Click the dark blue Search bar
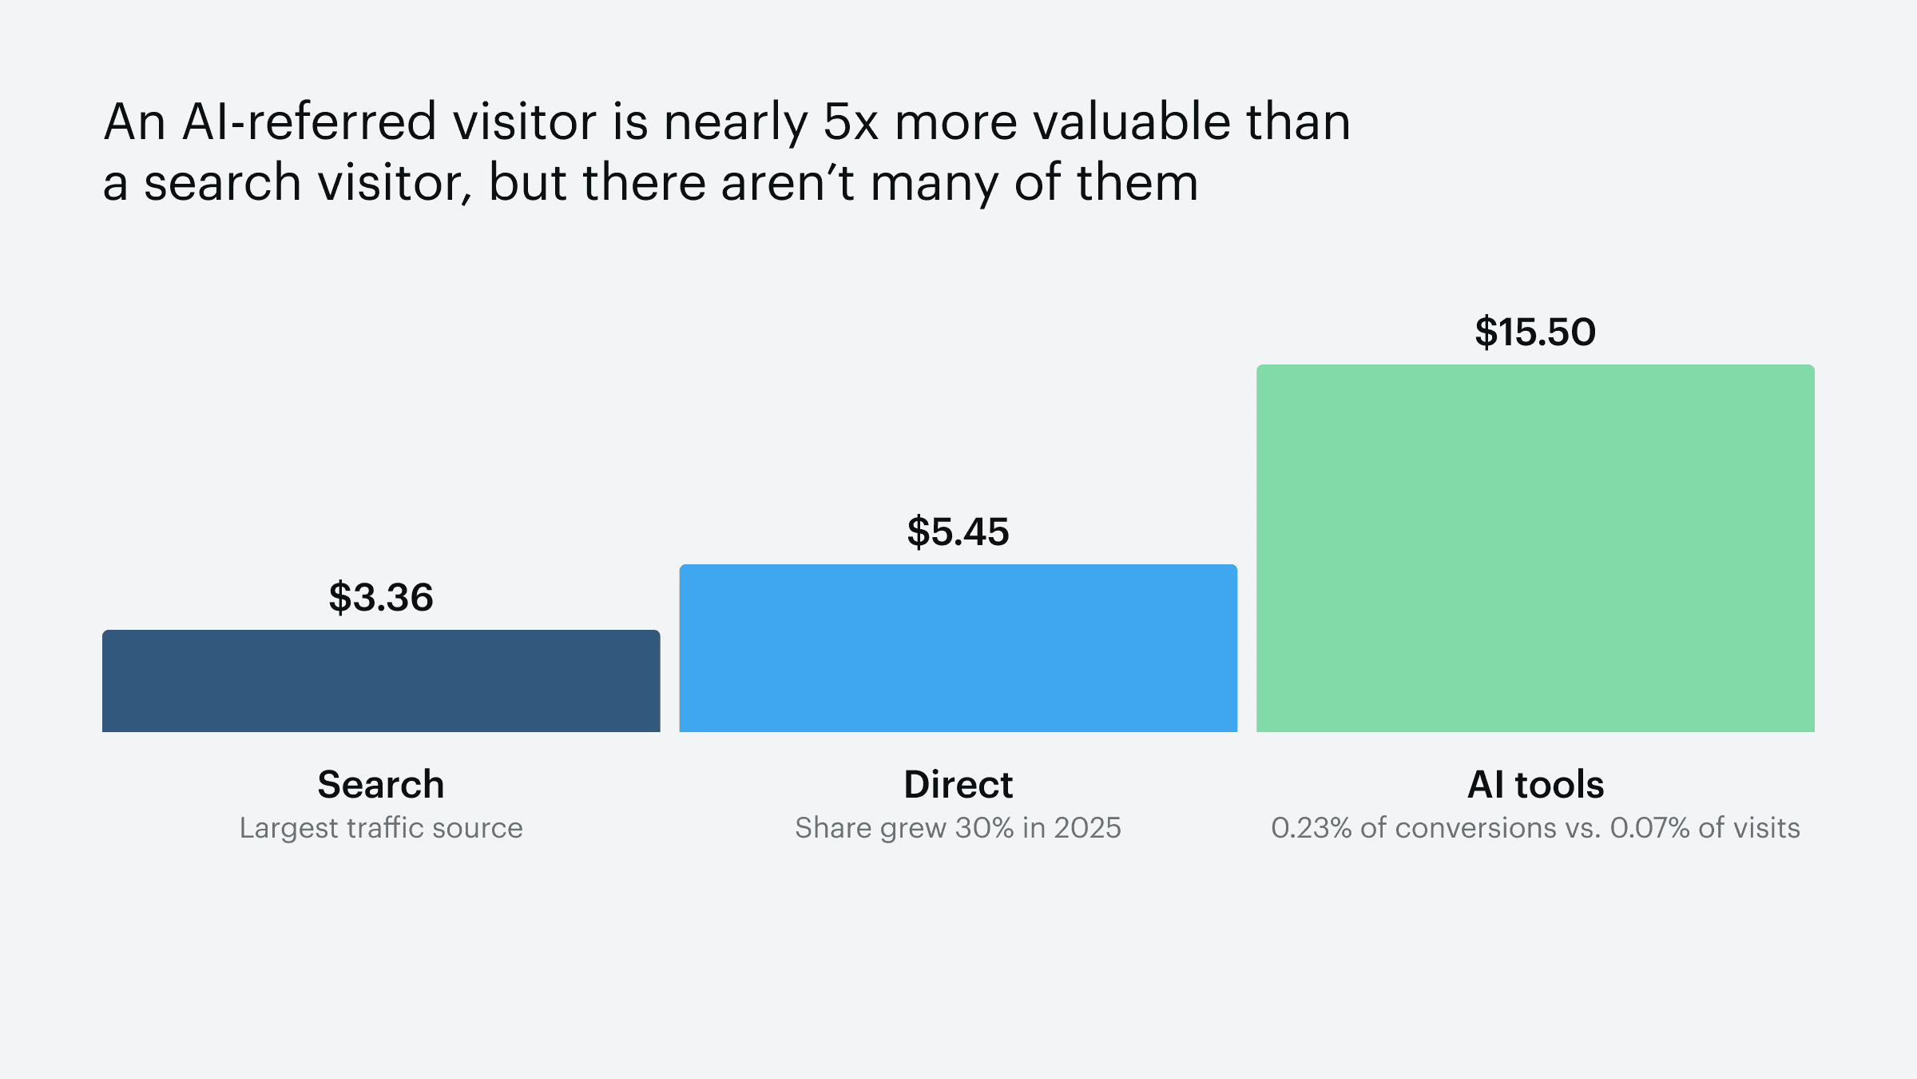click(381, 681)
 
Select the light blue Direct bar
click(958, 648)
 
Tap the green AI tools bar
click(1535, 548)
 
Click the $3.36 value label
click(381, 597)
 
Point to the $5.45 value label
click(958, 532)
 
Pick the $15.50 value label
click(1535, 332)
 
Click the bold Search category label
click(381, 784)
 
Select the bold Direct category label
click(958, 784)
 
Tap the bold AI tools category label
click(1535, 784)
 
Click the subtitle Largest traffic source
click(381, 828)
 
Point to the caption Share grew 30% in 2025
click(958, 828)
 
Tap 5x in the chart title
click(851, 122)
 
